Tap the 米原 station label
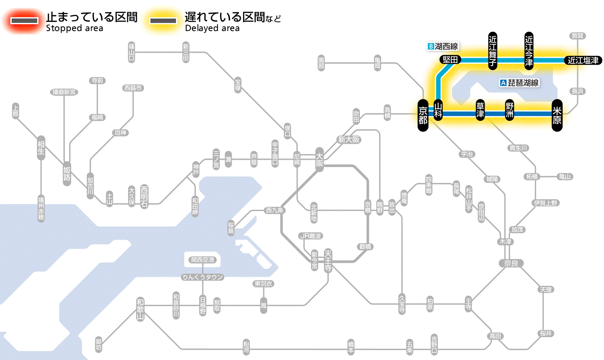(557, 114)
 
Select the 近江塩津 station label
(583, 60)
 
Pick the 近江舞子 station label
(492, 50)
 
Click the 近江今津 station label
(529, 50)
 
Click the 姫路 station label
(67, 172)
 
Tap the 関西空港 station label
(203, 260)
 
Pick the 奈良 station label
(511, 263)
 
